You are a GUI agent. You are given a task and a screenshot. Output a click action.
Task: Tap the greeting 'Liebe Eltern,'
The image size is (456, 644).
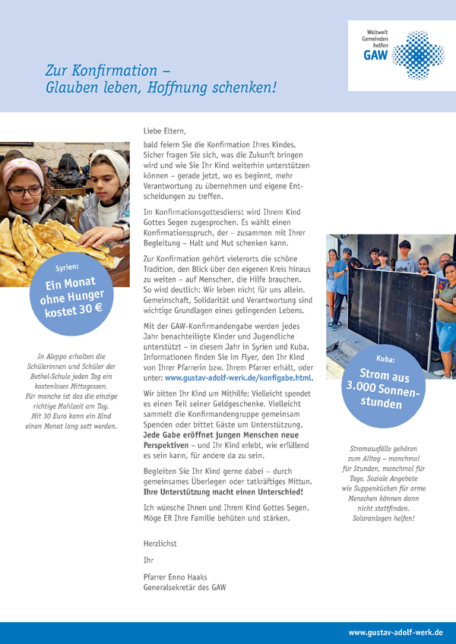point(164,131)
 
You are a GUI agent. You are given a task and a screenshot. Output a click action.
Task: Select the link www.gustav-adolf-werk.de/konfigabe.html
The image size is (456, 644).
point(239,377)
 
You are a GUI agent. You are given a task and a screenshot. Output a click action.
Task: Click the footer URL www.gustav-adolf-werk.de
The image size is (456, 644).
point(395,633)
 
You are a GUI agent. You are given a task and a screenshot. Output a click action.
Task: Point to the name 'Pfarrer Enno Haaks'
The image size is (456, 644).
point(175,576)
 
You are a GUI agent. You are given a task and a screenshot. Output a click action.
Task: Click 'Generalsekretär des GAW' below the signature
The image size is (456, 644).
point(184,587)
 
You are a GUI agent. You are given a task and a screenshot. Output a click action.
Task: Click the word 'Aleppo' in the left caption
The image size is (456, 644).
point(62,356)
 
